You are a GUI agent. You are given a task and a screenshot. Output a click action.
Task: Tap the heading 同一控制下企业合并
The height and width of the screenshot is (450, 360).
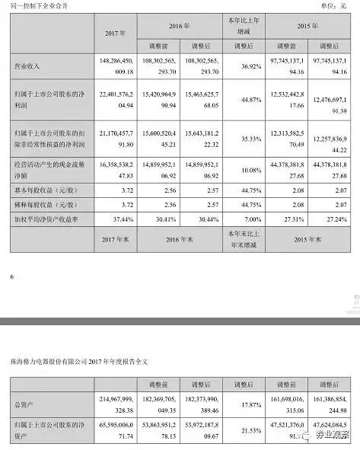coord(35,7)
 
